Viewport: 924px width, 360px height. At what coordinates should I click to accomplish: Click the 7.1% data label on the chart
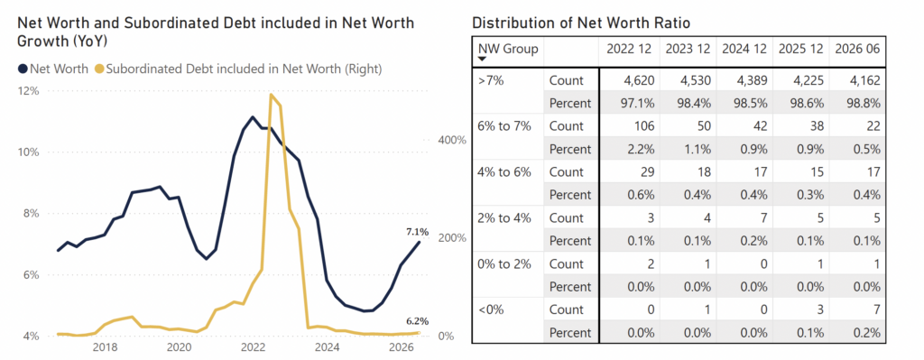[417, 232]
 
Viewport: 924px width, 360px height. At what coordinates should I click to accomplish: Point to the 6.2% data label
[417, 321]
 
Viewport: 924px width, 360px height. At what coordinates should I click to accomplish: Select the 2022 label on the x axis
[254, 346]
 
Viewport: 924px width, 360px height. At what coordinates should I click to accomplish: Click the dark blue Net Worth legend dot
[23, 69]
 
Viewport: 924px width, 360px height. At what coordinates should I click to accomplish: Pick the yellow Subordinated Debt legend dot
[99, 69]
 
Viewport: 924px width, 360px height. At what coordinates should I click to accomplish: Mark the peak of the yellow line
[270, 94]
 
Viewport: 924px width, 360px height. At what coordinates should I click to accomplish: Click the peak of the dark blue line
[253, 116]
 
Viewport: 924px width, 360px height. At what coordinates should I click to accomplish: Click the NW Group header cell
[508, 49]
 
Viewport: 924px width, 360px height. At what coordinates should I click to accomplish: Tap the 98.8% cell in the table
[864, 103]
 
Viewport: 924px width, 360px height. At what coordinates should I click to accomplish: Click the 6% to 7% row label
[504, 126]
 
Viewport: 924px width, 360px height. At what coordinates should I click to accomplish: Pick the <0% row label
[490, 309]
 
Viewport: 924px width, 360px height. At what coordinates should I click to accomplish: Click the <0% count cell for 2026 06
[877, 309]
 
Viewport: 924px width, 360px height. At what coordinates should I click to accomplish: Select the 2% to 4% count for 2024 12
[762, 218]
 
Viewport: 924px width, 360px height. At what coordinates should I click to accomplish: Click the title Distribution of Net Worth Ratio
[582, 23]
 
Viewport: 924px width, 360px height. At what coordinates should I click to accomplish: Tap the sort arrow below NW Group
[482, 59]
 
